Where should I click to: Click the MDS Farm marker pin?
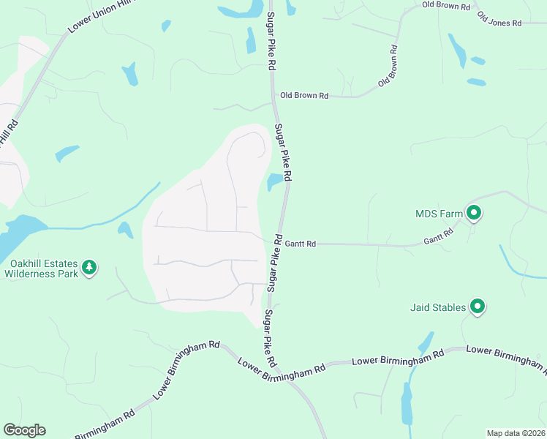tap(473, 214)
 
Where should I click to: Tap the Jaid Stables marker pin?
tap(478, 307)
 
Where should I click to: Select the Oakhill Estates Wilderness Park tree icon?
tap(89, 268)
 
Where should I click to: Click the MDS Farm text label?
tap(439, 214)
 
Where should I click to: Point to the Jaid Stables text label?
tap(438, 307)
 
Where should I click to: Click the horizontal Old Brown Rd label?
tap(304, 96)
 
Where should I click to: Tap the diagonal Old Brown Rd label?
tap(388, 67)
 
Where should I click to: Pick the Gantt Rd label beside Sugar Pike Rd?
tap(301, 244)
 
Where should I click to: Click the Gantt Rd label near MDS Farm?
tap(439, 236)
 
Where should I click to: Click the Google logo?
tap(24, 430)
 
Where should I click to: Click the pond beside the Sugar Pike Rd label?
tap(275, 181)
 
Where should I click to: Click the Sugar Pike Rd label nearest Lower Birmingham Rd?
tap(271, 339)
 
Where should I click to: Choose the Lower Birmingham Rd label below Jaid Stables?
tap(398, 359)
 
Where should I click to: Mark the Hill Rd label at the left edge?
tap(7, 132)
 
